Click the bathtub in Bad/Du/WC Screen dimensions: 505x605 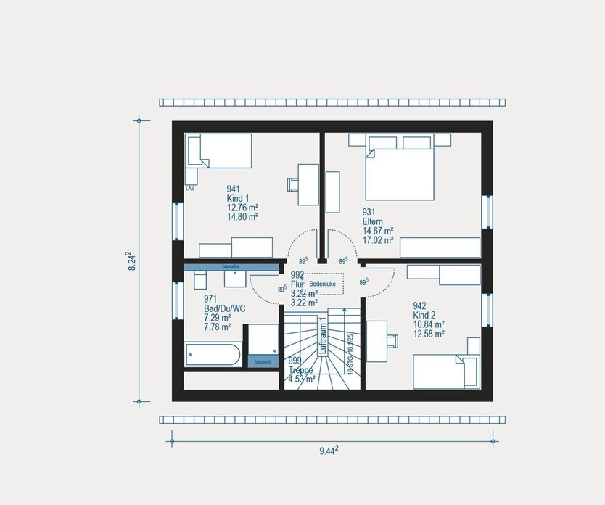[213, 356]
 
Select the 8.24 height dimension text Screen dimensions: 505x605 [131, 260]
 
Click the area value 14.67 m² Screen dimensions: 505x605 [377, 231]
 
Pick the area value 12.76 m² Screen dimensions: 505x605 [242, 207]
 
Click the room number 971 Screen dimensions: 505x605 [210, 299]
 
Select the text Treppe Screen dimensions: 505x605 [300, 369]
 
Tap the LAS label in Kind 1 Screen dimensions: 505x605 [190, 188]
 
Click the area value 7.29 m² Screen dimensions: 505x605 [217, 318]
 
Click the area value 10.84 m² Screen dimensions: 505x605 [427, 324]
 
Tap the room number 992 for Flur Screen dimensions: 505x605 [297, 275]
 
